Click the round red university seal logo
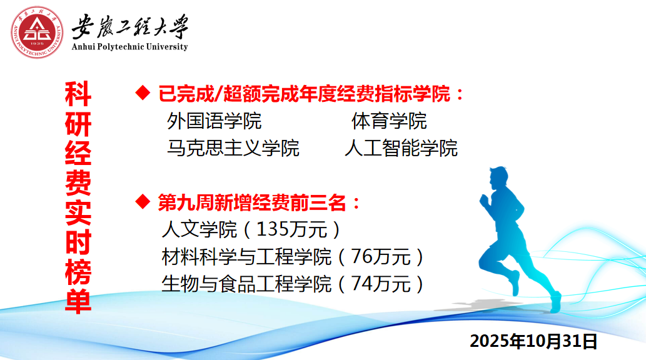(x=37, y=32)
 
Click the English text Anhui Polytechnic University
(x=130, y=46)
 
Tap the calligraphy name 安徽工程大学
(x=130, y=26)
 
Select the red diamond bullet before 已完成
(x=143, y=92)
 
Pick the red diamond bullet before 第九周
(x=143, y=201)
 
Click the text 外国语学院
(x=214, y=121)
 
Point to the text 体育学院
(x=389, y=121)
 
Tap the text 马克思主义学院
(x=233, y=148)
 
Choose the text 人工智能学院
(x=401, y=148)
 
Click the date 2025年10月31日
(x=533, y=341)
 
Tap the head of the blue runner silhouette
(x=498, y=177)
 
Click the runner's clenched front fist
(x=485, y=201)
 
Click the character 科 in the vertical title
(x=78, y=94)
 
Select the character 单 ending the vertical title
(x=78, y=301)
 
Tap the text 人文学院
(x=199, y=229)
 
